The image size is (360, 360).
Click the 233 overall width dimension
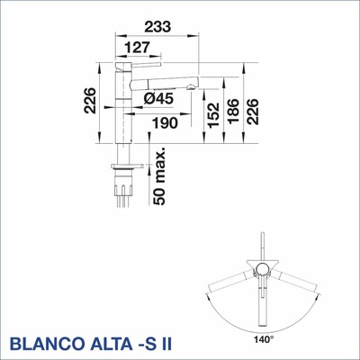click(x=157, y=29)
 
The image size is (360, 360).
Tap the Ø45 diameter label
click(x=157, y=100)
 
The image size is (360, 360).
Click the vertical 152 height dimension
click(x=210, y=111)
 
